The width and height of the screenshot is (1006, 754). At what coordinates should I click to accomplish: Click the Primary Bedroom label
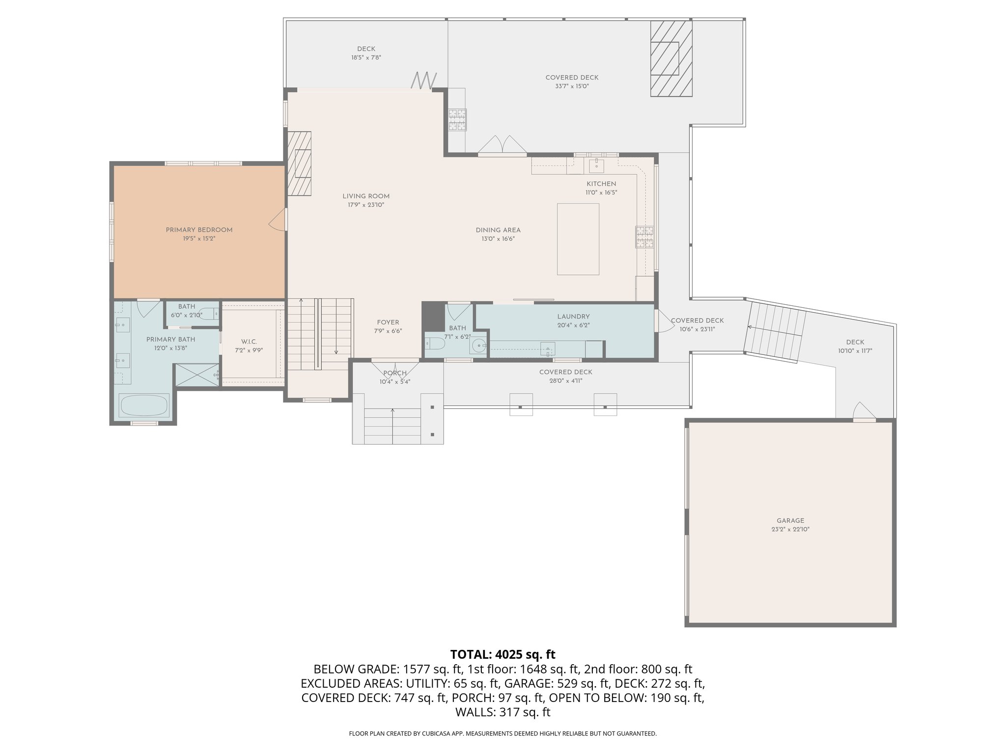[199, 230]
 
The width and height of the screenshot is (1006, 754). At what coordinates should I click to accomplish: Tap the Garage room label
[790, 521]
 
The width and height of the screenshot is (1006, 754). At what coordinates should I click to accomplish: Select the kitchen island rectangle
[578, 239]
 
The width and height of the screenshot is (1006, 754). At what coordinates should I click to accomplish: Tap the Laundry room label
[573, 317]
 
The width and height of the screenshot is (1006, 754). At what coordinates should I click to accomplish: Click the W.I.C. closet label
[249, 342]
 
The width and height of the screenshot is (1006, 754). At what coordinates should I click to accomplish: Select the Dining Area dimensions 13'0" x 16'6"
[498, 239]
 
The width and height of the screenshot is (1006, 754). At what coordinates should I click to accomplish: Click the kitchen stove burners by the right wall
[645, 237]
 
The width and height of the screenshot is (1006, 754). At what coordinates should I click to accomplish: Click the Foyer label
[388, 323]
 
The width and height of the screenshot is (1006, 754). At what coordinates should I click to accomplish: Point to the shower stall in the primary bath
[197, 375]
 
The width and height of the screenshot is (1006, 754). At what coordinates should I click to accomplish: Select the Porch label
[395, 373]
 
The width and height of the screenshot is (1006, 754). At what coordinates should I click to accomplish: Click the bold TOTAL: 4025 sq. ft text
[503, 654]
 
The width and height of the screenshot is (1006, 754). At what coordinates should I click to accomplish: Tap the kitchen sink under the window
[596, 165]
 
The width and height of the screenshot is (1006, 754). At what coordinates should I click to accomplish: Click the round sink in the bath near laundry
[478, 347]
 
